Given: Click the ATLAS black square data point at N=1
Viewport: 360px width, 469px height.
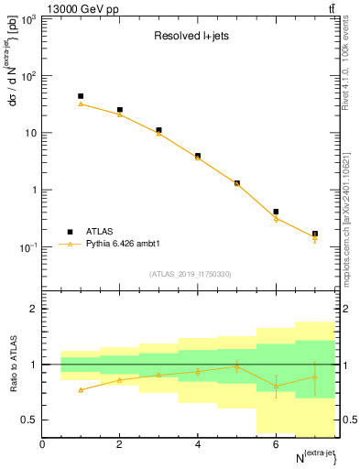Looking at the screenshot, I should click(81, 96).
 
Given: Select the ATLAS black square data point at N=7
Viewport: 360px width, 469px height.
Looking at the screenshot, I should click(315, 234).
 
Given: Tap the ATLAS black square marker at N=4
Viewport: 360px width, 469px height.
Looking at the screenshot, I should click(198, 156).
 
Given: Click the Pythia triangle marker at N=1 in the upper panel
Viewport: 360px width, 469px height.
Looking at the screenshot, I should click(81, 104).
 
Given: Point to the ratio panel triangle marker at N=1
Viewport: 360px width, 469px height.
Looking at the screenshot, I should click(81, 390).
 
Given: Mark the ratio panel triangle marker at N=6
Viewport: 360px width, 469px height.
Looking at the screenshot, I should click(276, 386).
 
